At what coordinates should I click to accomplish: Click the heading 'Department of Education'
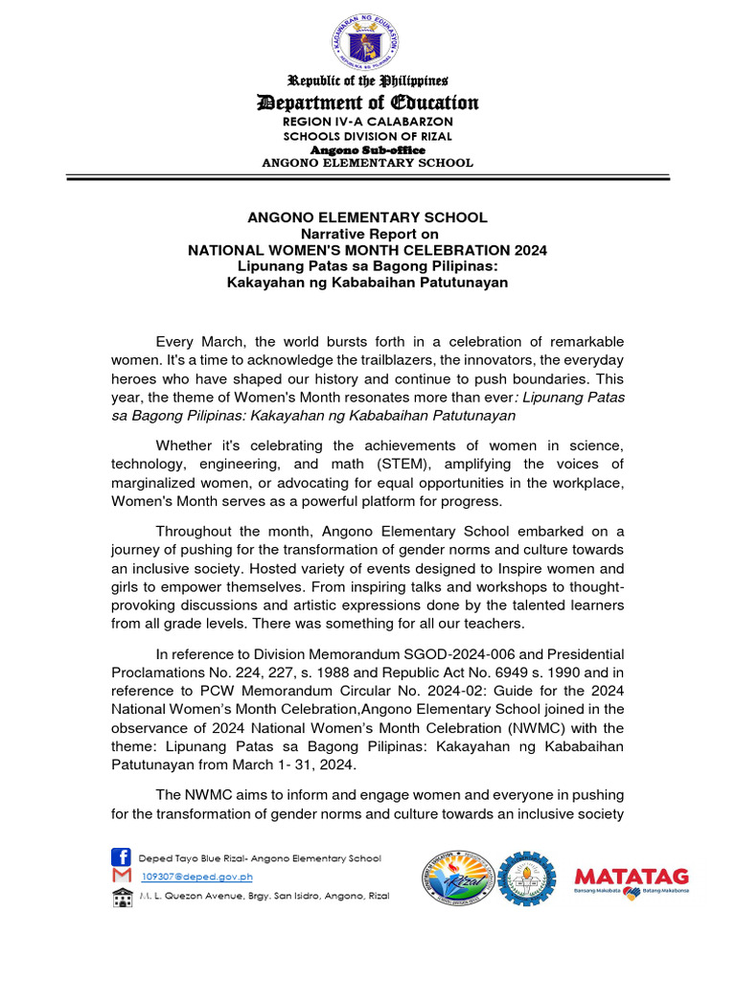pyautogui.click(x=368, y=103)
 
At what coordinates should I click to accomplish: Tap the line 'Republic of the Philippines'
pyautogui.click(x=368, y=80)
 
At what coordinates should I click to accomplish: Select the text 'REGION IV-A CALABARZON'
pyautogui.click(x=368, y=122)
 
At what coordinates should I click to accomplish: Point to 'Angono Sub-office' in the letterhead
pyautogui.click(x=368, y=149)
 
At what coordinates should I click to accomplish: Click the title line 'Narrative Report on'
pyautogui.click(x=368, y=234)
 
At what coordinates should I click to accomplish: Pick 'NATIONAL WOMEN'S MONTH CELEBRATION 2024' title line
pyautogui.click(x=368, y=250)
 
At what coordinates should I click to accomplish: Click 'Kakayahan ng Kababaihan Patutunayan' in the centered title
pyautogui.click(x=368, y=283)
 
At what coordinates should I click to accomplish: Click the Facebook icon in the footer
pyautogui.click(x=121, y=857)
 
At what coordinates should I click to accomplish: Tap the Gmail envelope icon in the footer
pyautogui.click(x=121, y=877)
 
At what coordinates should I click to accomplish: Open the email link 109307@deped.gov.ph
pyautogui.click(x=196, y=877)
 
